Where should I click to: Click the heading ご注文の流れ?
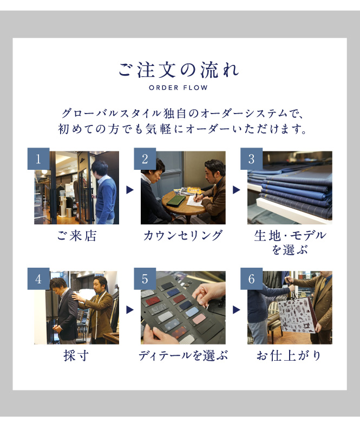(x=178, y=70)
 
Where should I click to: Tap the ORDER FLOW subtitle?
(x=178, y=88)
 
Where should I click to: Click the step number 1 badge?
(x=38, y=159)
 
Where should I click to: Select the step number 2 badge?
(x=145, y=159)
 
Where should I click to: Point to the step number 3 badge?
(x=252, y=159)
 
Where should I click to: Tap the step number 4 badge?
(x=38, y=279)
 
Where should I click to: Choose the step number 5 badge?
(x=145, y=279)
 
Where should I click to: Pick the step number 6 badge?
(x=252, y=279)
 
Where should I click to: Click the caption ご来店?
(x=77, y=236)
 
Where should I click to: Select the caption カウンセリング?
(x=183, y=236)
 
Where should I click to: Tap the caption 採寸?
(x=76, y=356)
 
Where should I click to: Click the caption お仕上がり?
(x=289, y=356)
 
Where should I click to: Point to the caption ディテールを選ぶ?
(x=183, y=356)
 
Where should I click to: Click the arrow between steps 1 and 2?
(x=130, y=190)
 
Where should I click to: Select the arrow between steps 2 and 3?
(x=237, y=190)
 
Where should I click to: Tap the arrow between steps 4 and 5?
(x=130, y=310)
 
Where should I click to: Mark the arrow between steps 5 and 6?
(x=237, y=310)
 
